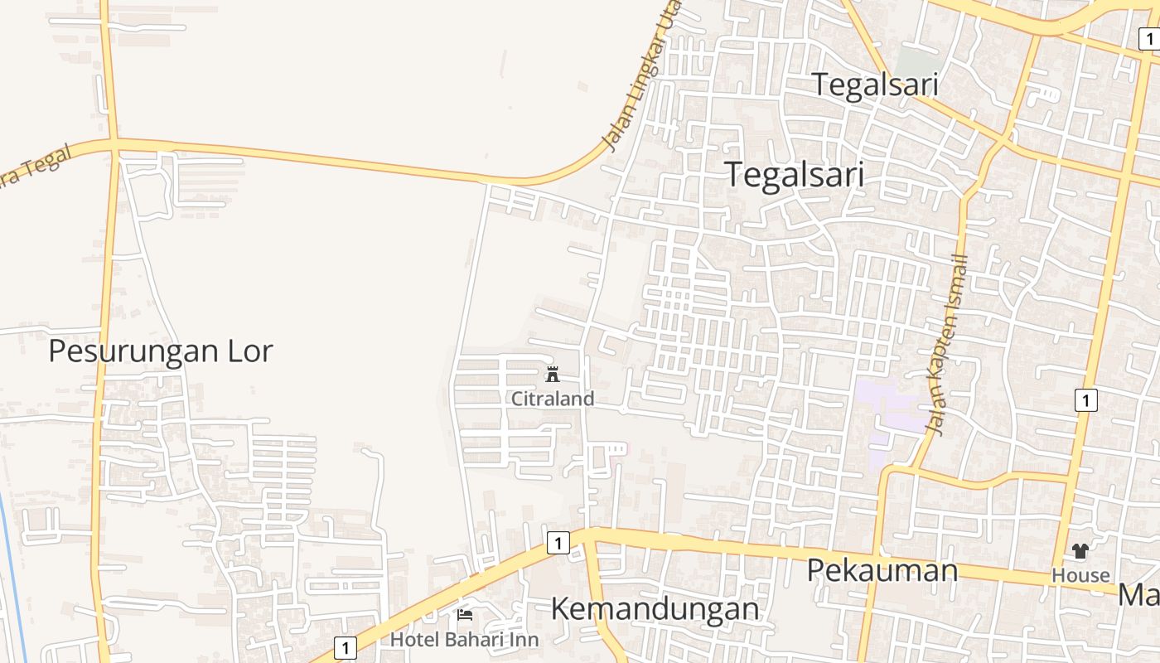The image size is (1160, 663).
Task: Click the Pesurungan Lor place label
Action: pyautogui.click(x=160, y=351)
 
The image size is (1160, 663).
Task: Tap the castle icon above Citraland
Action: pyautogui.click(x=553, y=375)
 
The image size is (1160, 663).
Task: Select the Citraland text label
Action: pyautogui.click(x=553, y=399)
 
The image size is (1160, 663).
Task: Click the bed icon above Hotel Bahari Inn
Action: pyautogui.click(x=465, y=615)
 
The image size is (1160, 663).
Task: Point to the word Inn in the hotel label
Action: pyautogui.click(x=521, y=640)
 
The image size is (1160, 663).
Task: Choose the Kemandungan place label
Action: pyautogui.click(x=655, y=609)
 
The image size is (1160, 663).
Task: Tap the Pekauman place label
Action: pyautogui.click(x=882, y=570)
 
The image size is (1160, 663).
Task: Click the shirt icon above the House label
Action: pyautogui.click(x=1080, y=551)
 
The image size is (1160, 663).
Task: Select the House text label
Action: pyautogui.click(x=1080, y=575)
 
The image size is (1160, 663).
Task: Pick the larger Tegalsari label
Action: pyautogui.click(x=794, y=175)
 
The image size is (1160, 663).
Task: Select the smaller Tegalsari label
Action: pyautogui.click(x=874, y=85)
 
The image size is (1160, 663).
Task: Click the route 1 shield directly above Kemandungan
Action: pyautogui.click(x=558, y=543)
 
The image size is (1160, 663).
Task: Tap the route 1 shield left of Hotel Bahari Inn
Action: pyautogui.click(x=346, y=647)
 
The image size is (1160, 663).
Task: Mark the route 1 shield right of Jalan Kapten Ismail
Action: pyautogui.click(x=1085, y=399)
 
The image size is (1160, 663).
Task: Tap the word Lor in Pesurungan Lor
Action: pyautogui.click(x=249, y=351)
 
